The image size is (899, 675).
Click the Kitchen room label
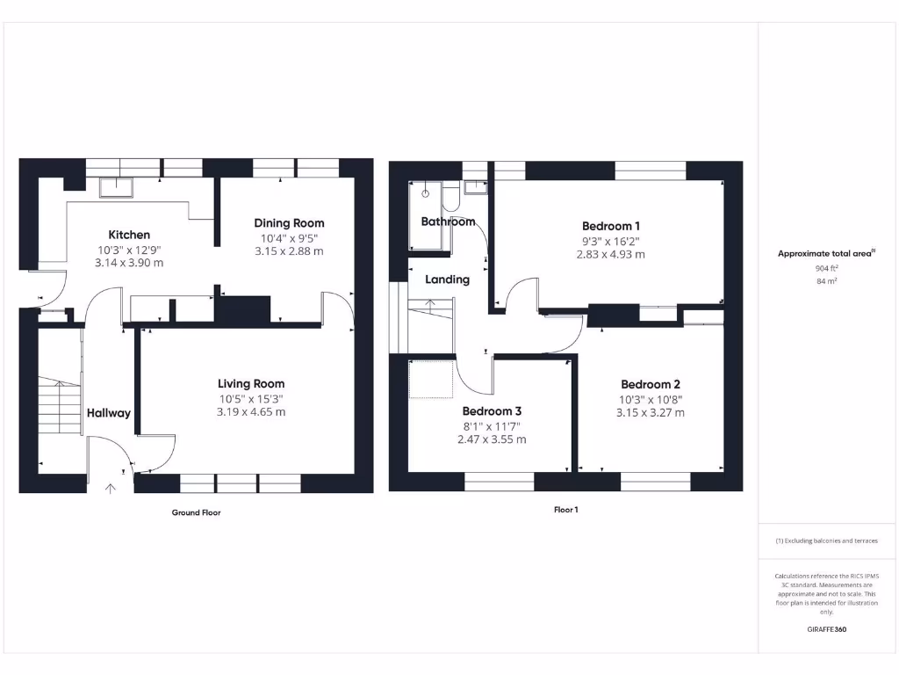[x=129, y=235]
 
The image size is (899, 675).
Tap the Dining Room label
[x=289, y=223]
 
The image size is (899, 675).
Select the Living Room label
[x=251, y=383]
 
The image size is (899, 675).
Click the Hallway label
[x=109, y=413]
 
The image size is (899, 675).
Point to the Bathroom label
[x=448, y=221]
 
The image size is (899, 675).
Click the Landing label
[x=447, y=279]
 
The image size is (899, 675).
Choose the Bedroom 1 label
[x=611, y=225]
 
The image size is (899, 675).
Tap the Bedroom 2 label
[x=651, y=384]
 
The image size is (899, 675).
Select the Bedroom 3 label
[x=492, y=411]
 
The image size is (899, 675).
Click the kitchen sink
[x=115, y=187]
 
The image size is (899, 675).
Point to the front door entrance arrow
[x=110, y=488]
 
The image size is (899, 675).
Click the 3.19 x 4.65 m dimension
[x=251, y=411]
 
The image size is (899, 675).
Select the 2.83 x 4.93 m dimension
[x=611, y=254]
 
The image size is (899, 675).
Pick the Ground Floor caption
[x=196, y=512]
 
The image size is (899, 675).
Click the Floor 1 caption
[x=565, y=510]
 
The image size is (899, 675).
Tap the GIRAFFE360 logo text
[x=827, y=629]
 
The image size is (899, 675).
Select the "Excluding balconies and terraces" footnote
[x=827, y=541]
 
